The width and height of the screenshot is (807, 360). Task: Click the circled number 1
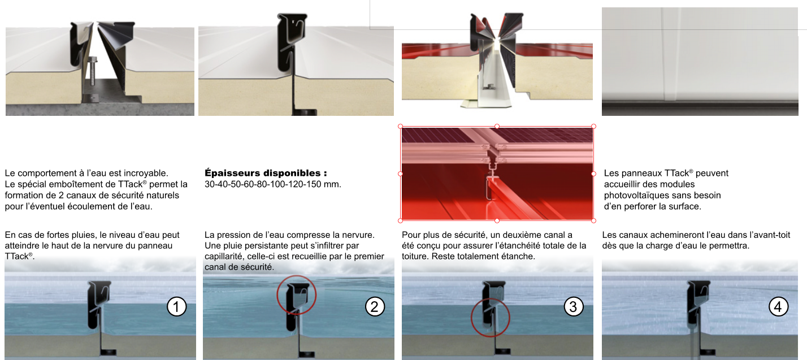(x=176, y=307)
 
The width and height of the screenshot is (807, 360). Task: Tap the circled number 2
(x=375, y=307)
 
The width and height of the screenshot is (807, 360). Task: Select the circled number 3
(x=573, y=307)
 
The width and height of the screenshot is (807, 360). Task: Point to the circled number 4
(x=779, y=307)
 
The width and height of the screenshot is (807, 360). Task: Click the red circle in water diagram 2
(x=297, y=294)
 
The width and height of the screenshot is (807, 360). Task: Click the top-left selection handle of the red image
(x=400, y=126)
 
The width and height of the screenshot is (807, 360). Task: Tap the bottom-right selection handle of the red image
(x=594, y=220)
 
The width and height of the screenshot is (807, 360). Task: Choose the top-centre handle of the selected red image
(x=497, y=126)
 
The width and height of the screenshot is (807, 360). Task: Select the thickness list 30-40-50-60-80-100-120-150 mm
(x=273, y=184)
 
